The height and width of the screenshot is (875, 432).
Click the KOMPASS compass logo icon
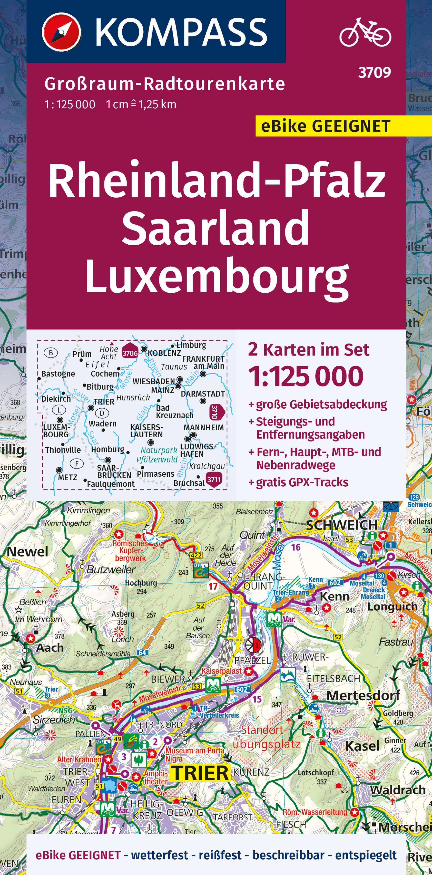61,32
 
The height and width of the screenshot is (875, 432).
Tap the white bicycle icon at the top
365,32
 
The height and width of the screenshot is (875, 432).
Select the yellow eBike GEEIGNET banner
326,126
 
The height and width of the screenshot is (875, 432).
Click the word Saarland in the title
216,227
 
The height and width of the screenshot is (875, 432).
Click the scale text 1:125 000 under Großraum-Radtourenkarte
70,105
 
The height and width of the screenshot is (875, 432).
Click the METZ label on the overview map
68,478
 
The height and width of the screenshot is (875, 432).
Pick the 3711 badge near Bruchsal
214,480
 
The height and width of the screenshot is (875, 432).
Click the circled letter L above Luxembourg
59,410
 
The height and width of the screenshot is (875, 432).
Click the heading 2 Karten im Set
308,350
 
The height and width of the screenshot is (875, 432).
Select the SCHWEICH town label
342,525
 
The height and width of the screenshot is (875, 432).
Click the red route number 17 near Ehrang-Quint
213,586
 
